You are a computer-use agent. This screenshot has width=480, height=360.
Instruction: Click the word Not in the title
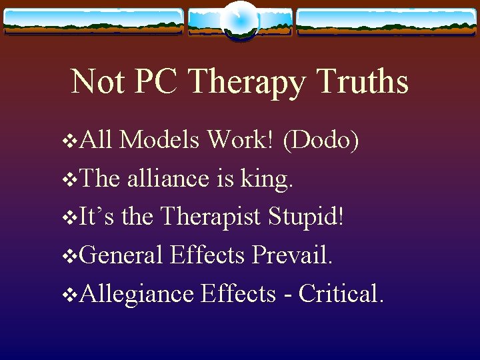[x=97, y=82]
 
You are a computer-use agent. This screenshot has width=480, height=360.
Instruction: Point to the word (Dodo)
[x=322, y=141]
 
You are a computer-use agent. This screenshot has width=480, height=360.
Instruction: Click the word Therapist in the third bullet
[x=212, y=217]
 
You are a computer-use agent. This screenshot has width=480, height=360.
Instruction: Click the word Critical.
[x=341, y=293]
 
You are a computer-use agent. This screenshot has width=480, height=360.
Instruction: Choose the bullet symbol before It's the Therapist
[x=66, y=218]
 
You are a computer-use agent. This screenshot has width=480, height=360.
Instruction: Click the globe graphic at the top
[x=239, y=20]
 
